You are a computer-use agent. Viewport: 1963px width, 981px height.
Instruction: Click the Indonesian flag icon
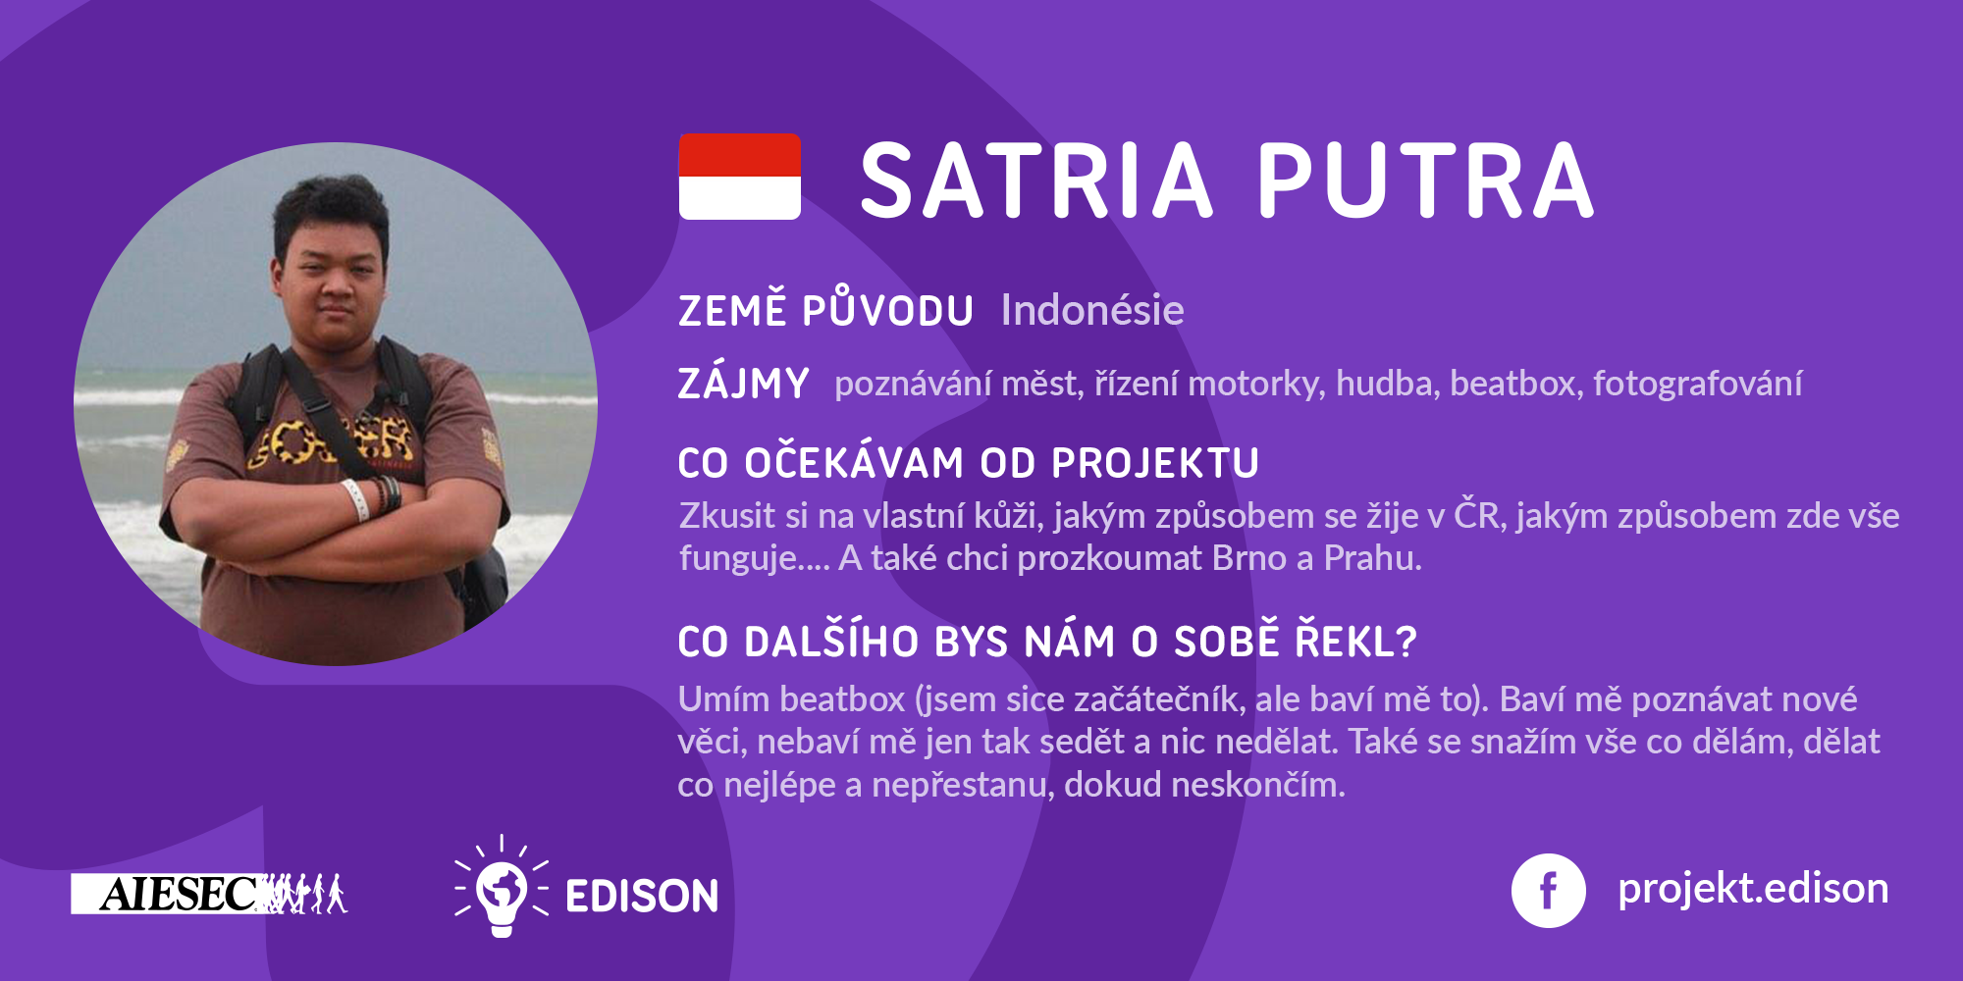click(739, 177)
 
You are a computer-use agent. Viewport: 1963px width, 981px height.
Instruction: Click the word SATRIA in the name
click(1036, 181)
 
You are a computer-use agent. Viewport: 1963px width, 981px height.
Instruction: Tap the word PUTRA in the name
click(1426, 181)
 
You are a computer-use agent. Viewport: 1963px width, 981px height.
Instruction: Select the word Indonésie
click(1092, 310)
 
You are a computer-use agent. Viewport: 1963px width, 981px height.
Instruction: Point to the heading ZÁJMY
click(743, 384)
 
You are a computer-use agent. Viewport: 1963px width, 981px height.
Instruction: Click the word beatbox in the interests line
click(1515, 383)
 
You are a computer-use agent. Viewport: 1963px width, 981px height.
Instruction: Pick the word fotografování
click(1697, 384)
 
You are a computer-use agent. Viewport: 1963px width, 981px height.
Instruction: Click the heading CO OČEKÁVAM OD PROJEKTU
click(968, 464)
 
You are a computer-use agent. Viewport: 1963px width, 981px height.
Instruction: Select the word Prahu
click(1372, 557)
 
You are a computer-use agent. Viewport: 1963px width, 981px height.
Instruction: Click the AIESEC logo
click(209, 894)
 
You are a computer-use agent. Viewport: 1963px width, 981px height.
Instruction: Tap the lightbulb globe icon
click(502, 886)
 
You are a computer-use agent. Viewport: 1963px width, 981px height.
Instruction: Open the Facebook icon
click(1548, 891)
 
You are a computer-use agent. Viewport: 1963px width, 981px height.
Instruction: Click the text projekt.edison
click(1753, 889)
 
